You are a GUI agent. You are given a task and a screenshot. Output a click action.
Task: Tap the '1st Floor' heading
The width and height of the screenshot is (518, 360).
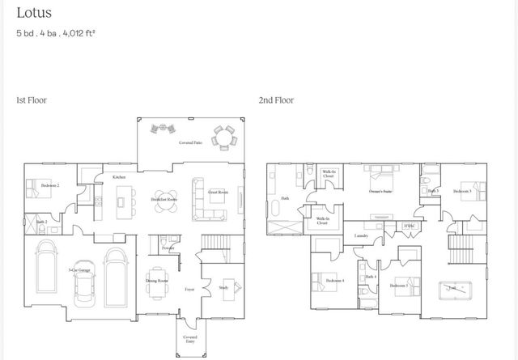[x=32, y=100]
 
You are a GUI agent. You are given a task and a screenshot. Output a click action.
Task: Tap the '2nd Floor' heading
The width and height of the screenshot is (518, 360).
[x=276, y=100]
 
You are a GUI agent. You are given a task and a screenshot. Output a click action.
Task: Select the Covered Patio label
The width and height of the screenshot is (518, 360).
[x=190, y=142]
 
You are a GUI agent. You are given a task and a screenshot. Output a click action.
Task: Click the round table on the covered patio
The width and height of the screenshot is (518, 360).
[x=223, y=138]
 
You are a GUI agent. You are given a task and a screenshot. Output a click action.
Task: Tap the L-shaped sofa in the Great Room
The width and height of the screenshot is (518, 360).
[x=206, y=200]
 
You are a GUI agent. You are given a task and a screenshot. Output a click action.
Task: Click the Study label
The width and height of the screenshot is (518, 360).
[x=223, y=286]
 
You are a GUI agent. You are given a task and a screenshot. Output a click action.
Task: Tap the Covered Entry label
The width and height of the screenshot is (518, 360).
[x=189, y=339]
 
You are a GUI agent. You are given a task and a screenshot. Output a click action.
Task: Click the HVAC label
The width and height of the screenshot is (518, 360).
[x=408, y=225]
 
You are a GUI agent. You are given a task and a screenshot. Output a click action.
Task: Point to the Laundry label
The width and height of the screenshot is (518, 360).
[x=362, y=235]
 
